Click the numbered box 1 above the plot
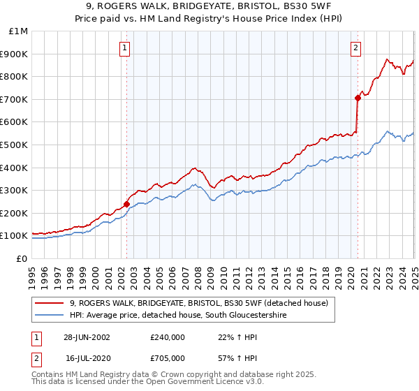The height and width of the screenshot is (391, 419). point(124,48)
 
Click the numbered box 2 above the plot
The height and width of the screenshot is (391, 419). point(355,48)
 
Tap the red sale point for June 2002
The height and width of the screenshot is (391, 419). point(127,204)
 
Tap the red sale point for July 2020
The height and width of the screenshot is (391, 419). point(357,98)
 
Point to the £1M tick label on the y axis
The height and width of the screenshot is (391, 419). point(19,31)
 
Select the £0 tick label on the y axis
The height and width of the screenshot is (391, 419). point(22,258)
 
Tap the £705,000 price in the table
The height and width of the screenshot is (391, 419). point(168,357)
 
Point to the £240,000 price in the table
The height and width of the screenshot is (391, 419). point(168,337)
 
